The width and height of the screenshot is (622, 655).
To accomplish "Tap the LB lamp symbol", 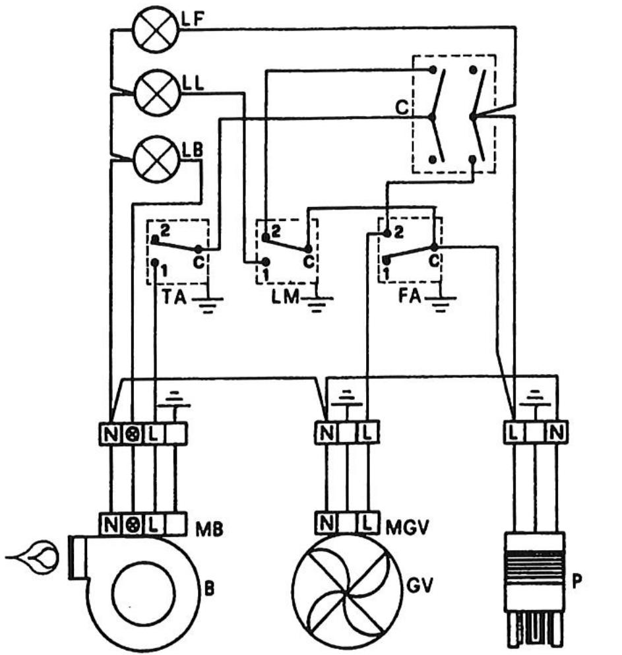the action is coord(156,159).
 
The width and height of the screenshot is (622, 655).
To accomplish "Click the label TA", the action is coord(173,297).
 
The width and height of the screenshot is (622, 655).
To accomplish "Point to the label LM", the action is coord(285,297).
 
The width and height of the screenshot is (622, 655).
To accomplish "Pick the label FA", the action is coord(409,296).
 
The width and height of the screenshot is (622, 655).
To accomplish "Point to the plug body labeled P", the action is coord(535,589).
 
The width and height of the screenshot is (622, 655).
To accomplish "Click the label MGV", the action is coord(407,528).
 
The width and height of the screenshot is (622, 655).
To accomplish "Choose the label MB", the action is coord(209,529).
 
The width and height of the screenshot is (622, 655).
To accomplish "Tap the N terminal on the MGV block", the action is coord(327,522).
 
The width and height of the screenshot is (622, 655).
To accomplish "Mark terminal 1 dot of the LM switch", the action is coord(266,262).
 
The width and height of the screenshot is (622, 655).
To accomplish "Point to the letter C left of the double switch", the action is coord(402,108).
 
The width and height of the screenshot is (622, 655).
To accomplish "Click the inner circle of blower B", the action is coord(143,594).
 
